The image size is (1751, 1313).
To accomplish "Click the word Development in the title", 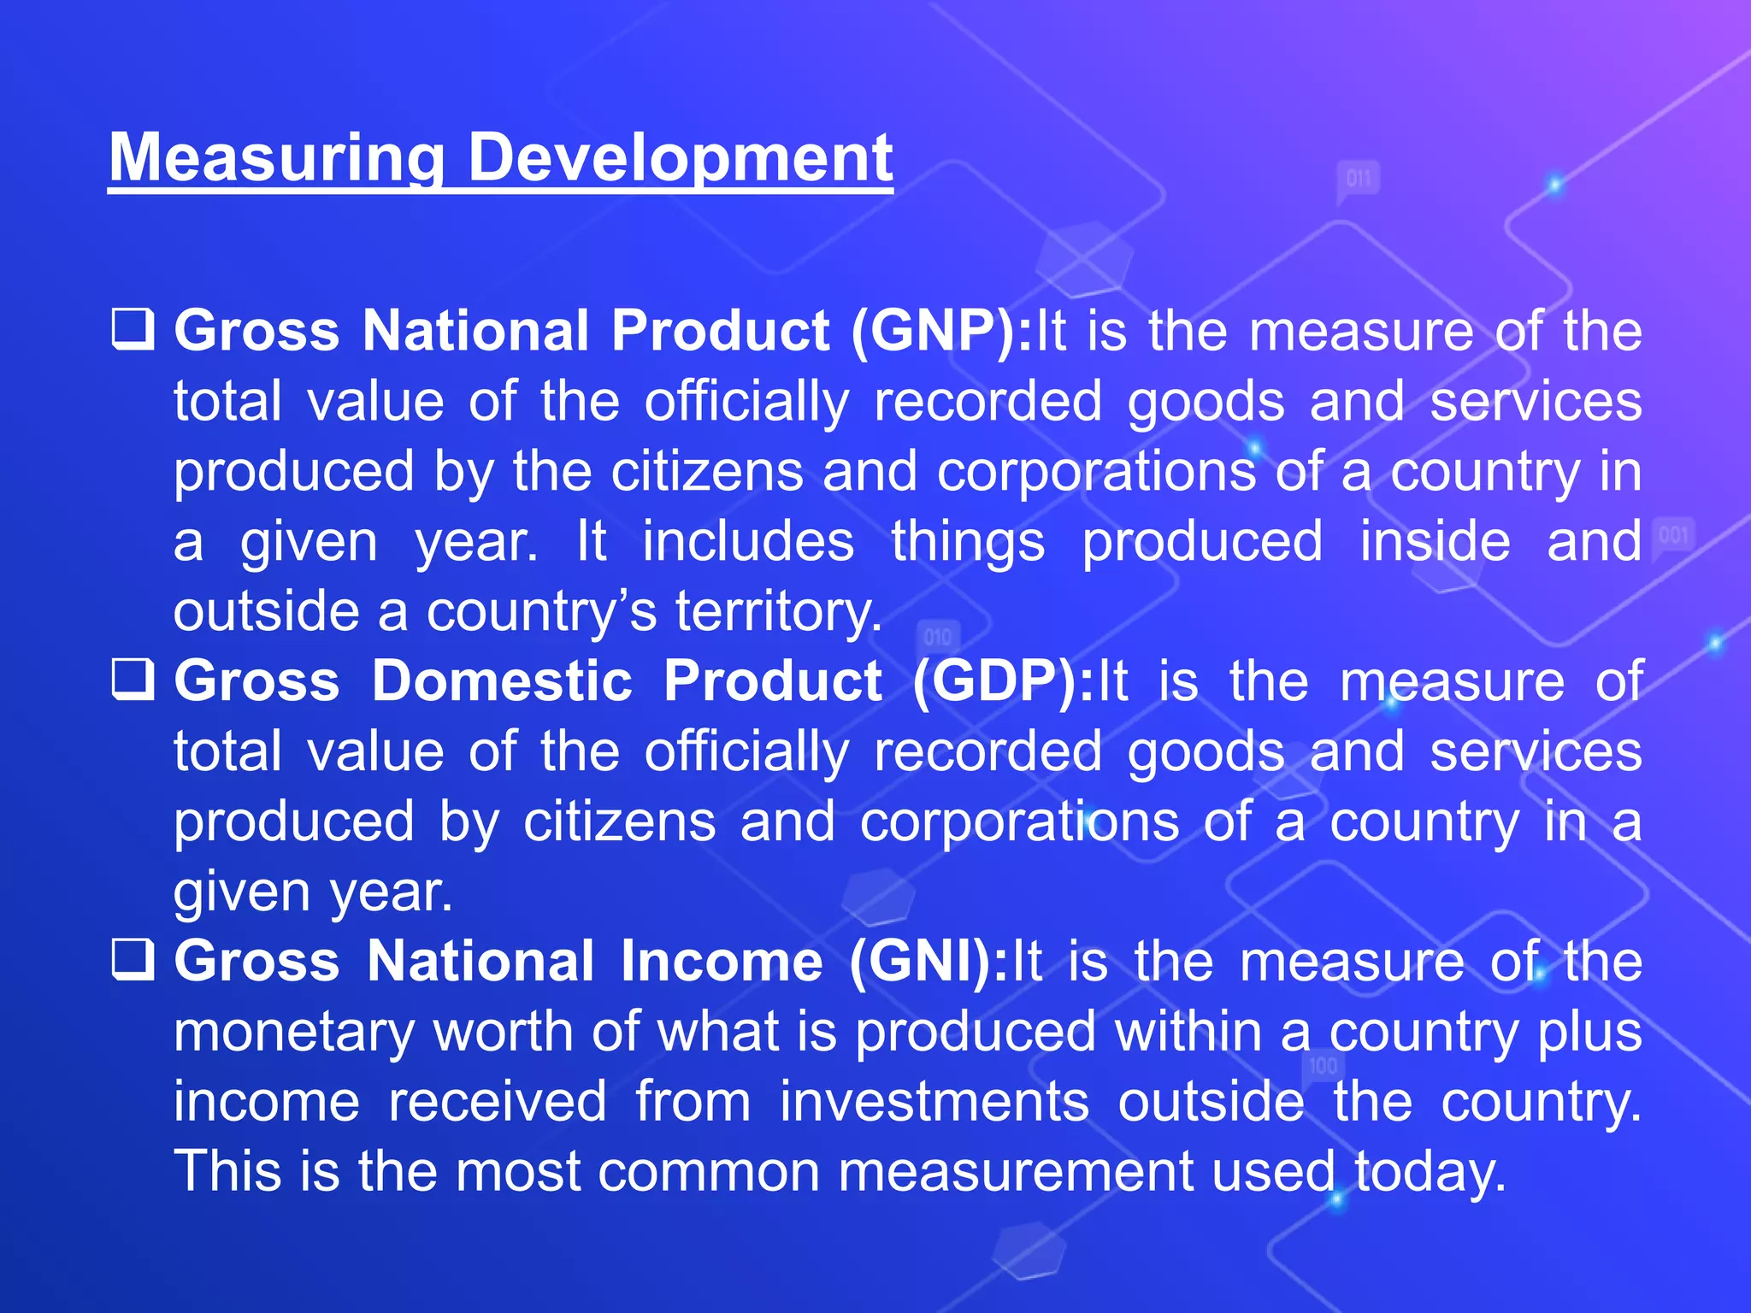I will (x=681, y=158).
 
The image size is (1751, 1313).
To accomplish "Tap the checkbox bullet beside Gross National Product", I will (x=133, y=330).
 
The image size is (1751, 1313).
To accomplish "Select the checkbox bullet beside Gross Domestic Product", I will (x=133, y=680).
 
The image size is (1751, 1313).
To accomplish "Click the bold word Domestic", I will (x=502, y=681).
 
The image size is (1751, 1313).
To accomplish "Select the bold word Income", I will (x=722, y=962).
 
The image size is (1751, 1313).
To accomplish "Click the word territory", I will (x=778, y=612).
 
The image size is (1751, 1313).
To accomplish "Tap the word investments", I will (x=934, y=1102).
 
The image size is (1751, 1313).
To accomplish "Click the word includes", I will (x=748, y=542).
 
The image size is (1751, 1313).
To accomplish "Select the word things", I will (x=968, y=542).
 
